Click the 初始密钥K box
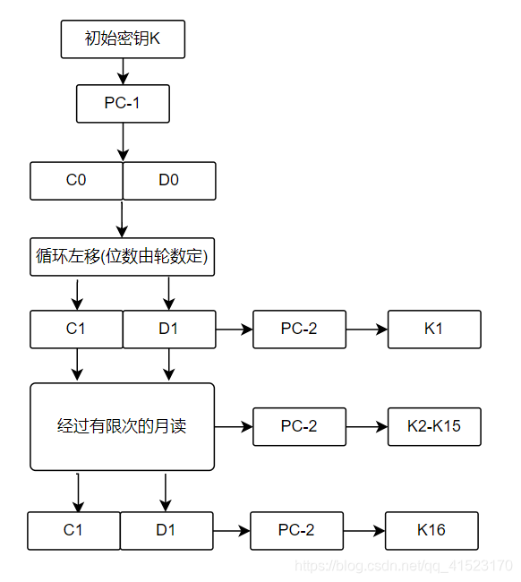pos(123,39)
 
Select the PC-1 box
pos(123,103)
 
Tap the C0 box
pos(76,180)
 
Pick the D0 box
pos(169,180)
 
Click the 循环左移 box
pos(123,257)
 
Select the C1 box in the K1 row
pos(76,329)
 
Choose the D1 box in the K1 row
pos(169,329)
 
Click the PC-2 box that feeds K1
pos(299,329)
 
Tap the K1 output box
pos(434,329)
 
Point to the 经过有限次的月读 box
pos(123,426)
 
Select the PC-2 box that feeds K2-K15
pos(299,426)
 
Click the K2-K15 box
pos(434,426)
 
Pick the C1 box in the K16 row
pos(73,530)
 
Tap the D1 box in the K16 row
pos(167,530)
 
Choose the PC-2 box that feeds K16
pos(296,530)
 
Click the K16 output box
pos(431,530)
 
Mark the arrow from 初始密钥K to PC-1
pos(123,71)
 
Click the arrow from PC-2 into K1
pos(366,329)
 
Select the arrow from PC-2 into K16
pos(363,530)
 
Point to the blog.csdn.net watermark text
pos(403,566)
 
